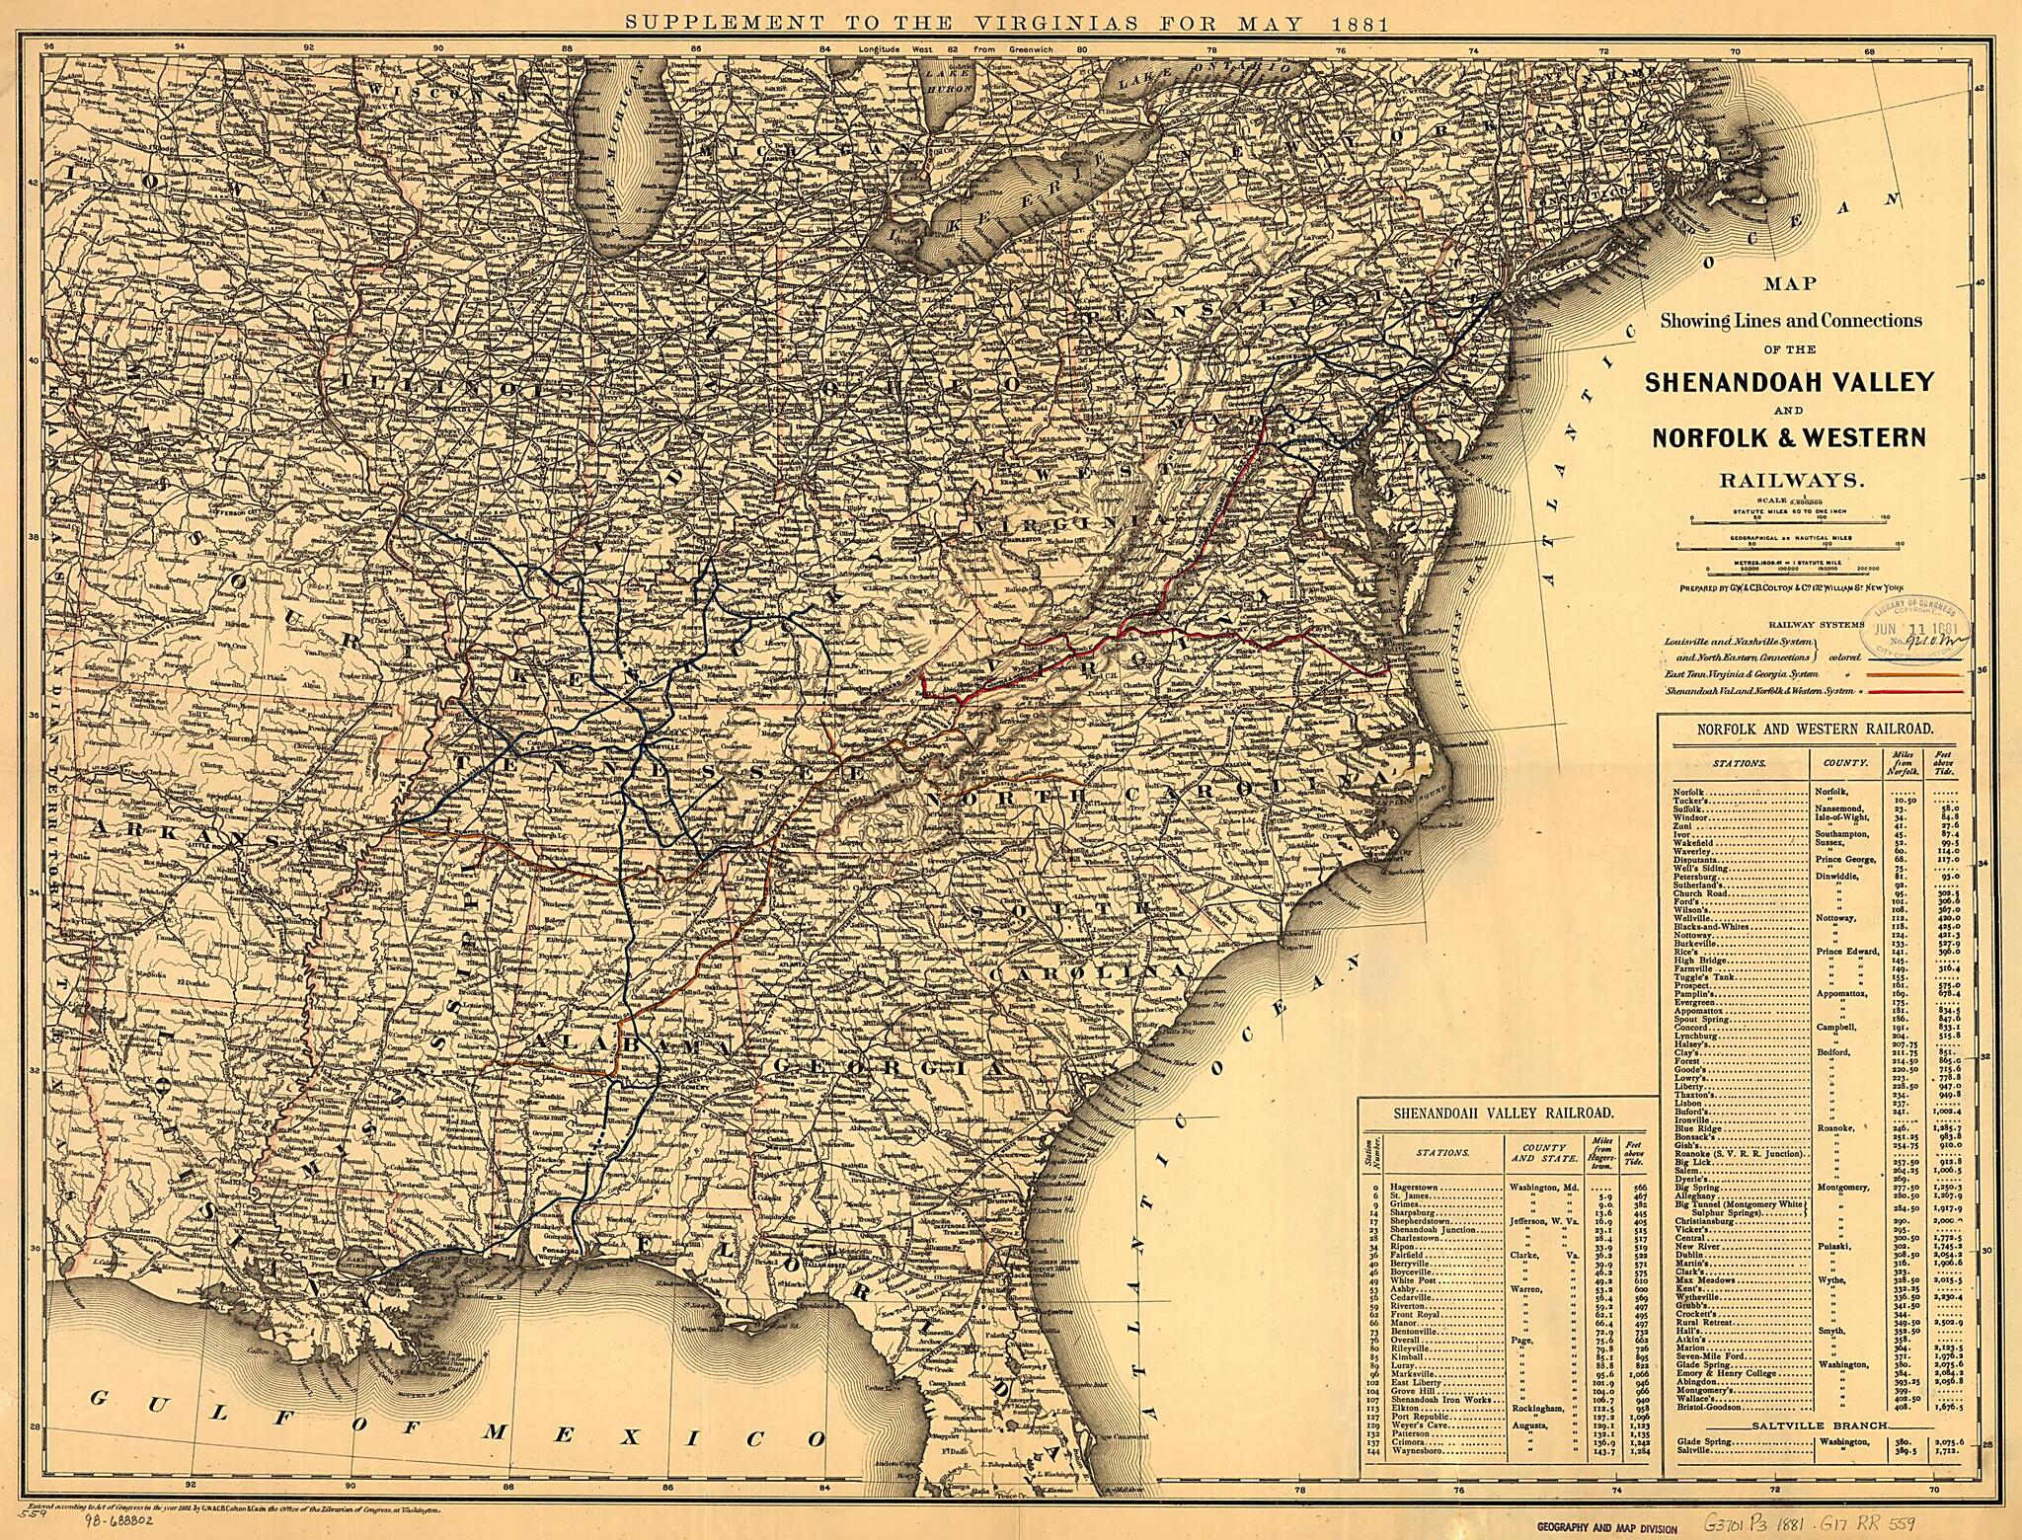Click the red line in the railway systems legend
click(1926, 692)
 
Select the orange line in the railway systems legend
click(1926, 674)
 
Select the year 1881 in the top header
click(1358, 23)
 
